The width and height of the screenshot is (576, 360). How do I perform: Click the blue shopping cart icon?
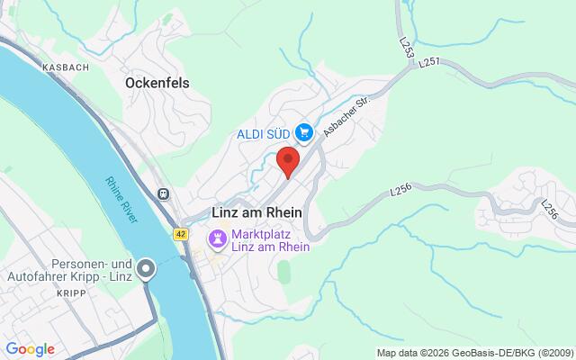pos(304,133)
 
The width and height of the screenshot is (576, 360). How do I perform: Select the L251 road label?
pos(428,60)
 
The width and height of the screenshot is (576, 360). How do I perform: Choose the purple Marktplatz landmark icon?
pos(218,239)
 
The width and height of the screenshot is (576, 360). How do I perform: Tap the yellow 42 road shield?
pos(181,234)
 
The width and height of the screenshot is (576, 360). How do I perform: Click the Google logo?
pos(30,348)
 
